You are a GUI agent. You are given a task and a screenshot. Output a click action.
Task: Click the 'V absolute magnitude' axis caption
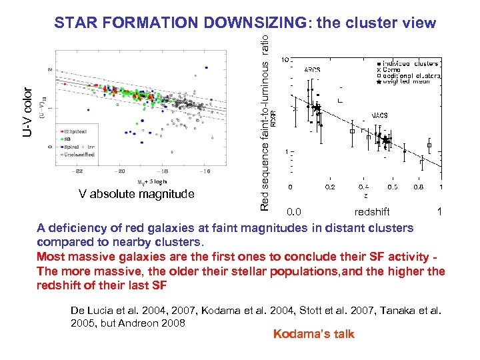136,194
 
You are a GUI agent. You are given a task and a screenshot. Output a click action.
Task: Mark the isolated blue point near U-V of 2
207,67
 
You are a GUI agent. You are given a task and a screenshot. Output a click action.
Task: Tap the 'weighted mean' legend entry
408,82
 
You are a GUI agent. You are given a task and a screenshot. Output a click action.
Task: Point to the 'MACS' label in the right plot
380,115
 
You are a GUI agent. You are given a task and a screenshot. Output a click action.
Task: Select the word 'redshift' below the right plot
372,212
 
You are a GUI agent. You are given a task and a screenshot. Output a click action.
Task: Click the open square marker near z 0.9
429,145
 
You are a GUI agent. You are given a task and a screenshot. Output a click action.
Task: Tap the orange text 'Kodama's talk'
313,334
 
